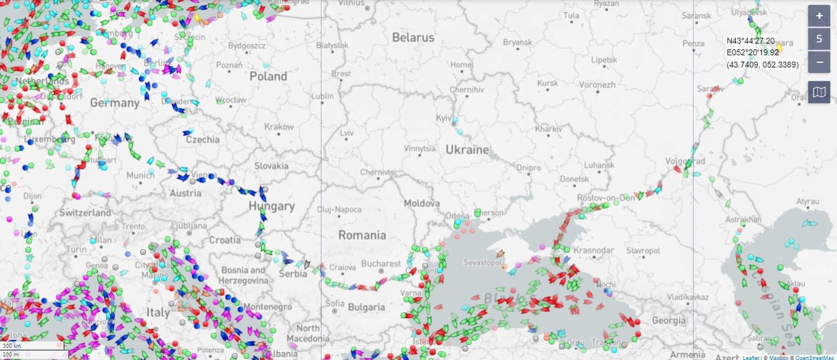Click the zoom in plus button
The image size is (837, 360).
click(x=819, y=16)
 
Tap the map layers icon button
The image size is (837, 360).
click(x=819, y=92)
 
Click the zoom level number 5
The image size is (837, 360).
click(x=819, y=39)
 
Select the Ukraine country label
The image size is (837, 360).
click(x=467, y=149)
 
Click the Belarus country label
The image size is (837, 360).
click(x=413, y=38)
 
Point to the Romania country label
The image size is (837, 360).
click(x=362, y=235)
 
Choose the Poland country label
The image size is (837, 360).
click(x=268, y=76)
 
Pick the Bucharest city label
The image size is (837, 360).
click(x=381, y=263)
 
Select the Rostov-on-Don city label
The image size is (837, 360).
click(x=605, y=197)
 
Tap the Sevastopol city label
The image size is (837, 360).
click(x=483, y=263)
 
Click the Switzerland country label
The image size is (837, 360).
click(x=85, y=212)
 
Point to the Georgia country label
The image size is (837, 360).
click(x=668, y=320)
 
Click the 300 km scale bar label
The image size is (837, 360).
click(x=12, y=346)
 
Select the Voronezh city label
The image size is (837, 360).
click(x=598, y=85)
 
